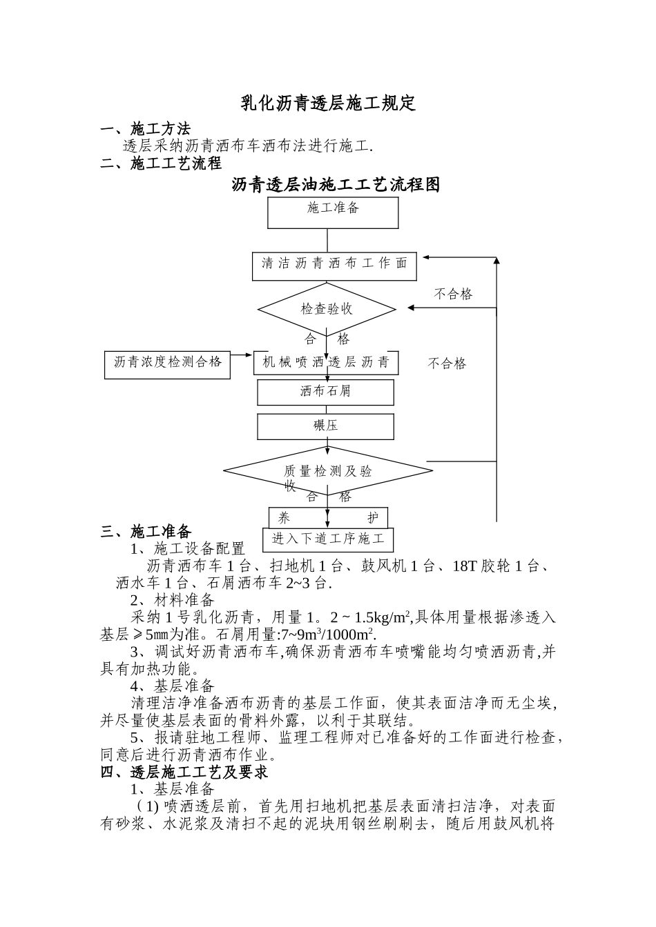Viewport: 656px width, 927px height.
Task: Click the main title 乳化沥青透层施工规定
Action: [x=328, y=103]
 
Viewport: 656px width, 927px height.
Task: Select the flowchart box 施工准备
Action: [x=333, y=212]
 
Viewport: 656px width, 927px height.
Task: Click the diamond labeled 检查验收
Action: [x=327, y=308]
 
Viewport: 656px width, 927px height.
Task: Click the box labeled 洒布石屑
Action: [x=325, y=392]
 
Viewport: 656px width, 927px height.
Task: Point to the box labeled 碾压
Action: [x=325, y=426]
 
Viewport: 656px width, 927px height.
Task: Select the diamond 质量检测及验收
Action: [x=328, y=472]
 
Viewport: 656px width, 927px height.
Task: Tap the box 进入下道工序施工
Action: [x=328, y=539]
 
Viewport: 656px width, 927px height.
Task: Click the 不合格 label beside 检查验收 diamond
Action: [x=453, y=295]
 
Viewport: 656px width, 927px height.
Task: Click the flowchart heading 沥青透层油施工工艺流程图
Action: [x=336, y=185]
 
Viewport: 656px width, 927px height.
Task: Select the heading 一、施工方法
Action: [x=146, y=129]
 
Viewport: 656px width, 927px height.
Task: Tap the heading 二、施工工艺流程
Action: [x=161, y=163]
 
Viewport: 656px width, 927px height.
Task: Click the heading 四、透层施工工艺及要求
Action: [x=184, y=772]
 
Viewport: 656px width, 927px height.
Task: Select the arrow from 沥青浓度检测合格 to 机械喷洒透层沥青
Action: [x=241, y=355]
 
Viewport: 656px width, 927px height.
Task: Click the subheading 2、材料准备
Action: [x=173, y=600]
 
